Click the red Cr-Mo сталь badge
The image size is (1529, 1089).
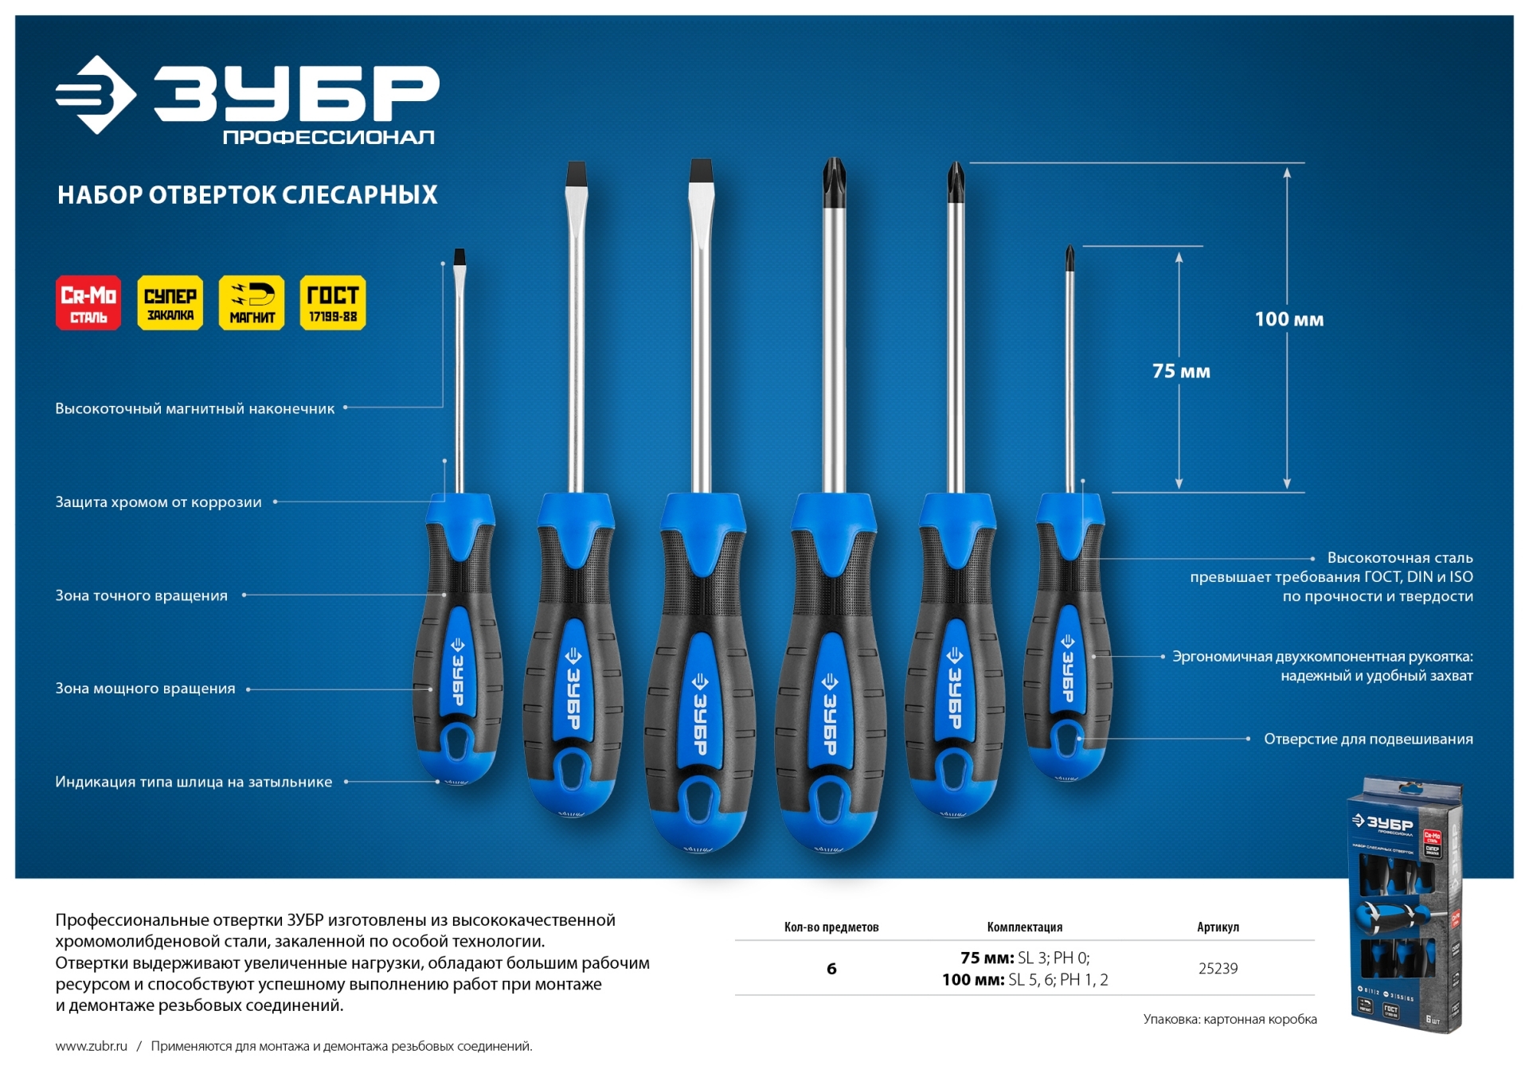(88, 302)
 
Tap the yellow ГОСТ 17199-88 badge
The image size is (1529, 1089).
(333, 302)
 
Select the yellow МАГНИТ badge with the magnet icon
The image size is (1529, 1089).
(252, 302)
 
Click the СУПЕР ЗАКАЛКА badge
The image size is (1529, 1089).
(170, 302)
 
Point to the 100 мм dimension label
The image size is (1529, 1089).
(1289, 319)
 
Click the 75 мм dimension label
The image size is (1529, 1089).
(1181, 371)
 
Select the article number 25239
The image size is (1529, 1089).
(1218, 968)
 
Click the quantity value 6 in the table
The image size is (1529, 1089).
(831, 968)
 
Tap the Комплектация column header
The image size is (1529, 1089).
(1024, 927)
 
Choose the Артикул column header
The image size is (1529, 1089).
(1218, 927)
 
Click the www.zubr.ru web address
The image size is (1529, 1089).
(92, 1046)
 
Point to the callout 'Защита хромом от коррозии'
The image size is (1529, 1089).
(158, 502)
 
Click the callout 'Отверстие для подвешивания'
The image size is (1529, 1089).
(1368, 739)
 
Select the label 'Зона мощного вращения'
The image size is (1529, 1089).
(145, 689)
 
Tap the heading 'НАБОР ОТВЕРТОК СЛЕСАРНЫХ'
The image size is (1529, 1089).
(248, 195)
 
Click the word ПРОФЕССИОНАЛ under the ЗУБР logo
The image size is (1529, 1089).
(329, 137)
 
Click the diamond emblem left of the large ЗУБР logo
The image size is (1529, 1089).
(96, 95)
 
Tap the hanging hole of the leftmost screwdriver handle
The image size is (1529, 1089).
(458, 741)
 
